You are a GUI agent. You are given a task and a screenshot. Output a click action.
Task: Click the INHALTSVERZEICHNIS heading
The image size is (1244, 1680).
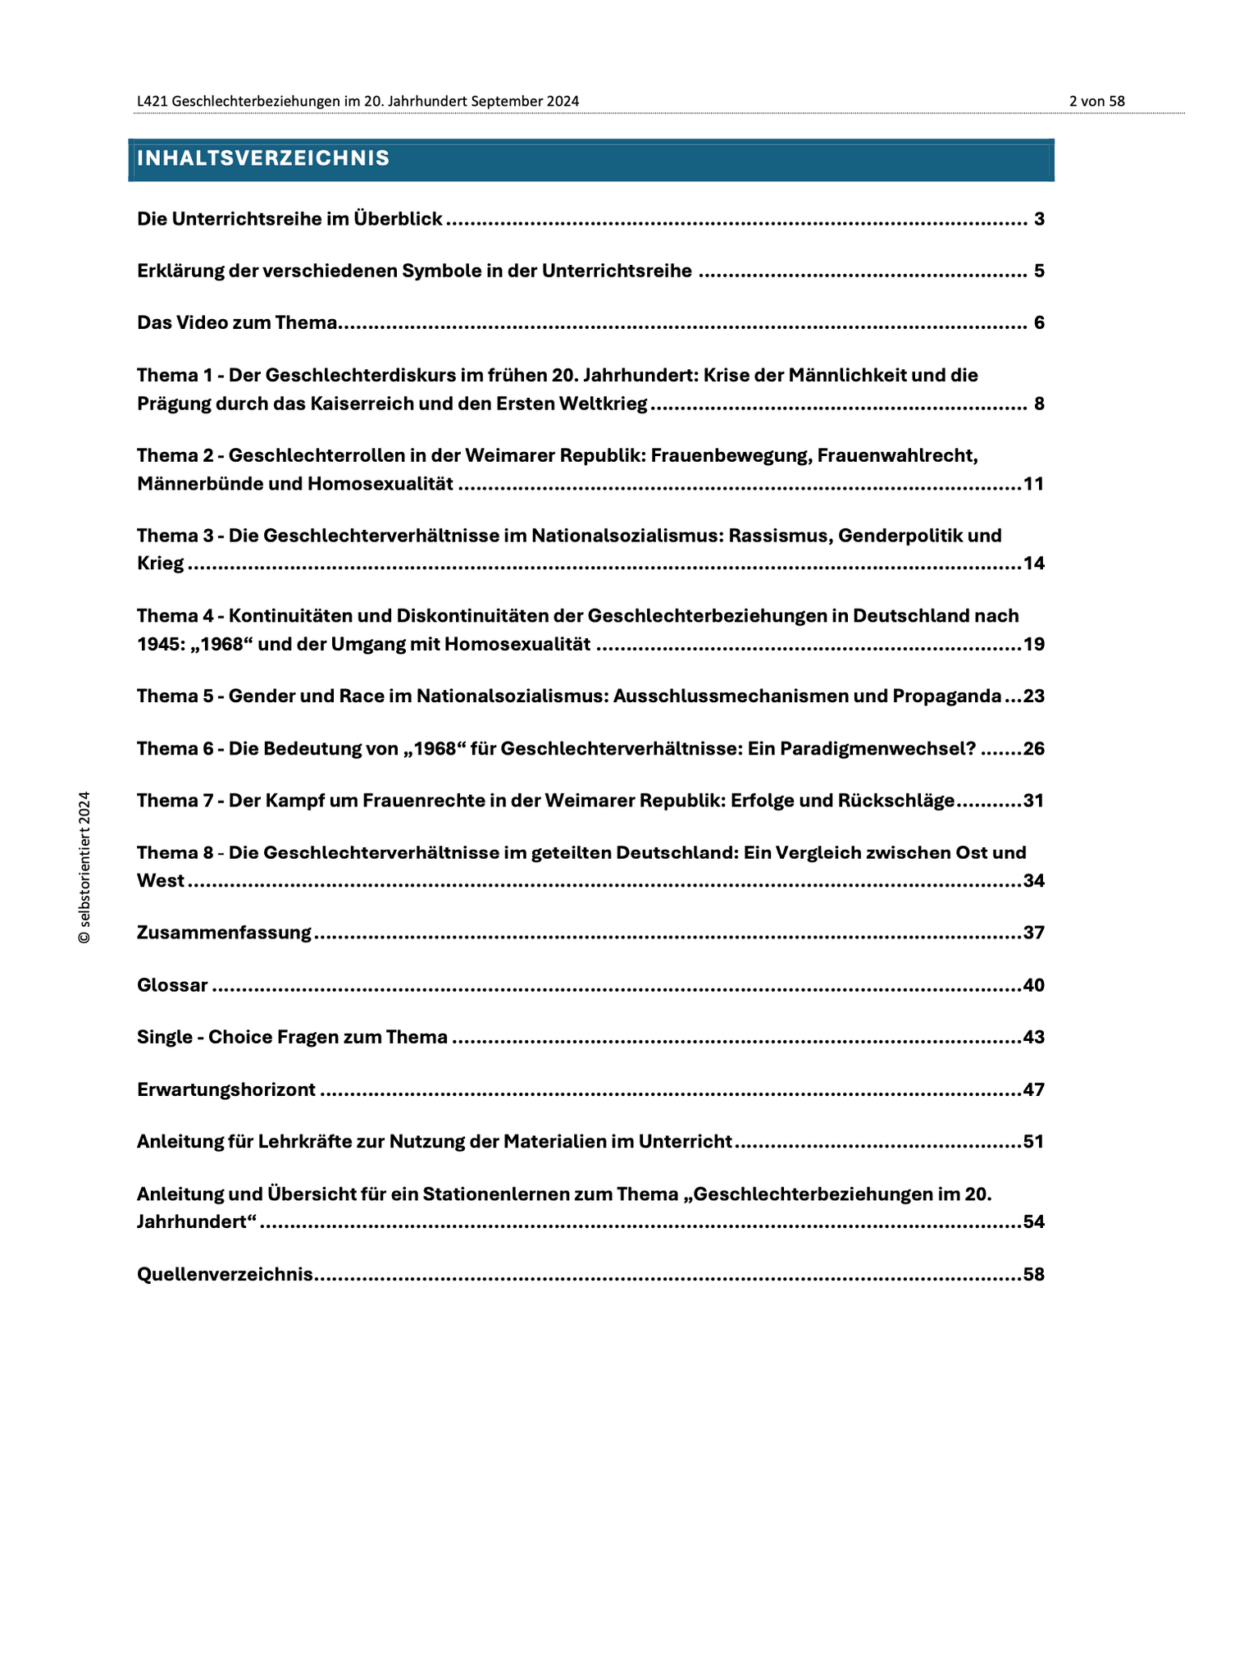[x=263, y=158]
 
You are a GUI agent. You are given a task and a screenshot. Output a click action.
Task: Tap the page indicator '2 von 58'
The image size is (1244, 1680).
[x=1096, y=101]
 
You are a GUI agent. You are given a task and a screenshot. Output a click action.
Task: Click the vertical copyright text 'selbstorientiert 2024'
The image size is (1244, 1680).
[x=84, y=867]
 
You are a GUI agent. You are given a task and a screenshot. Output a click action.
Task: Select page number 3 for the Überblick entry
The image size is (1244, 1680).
[x=1039, y=219]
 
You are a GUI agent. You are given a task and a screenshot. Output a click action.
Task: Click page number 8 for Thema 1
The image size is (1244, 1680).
[x=1039, y=404]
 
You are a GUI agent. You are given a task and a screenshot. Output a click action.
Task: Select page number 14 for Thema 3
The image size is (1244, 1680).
[x=1033, y=564]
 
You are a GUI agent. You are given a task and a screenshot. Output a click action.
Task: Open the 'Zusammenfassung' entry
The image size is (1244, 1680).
[x=224, y=933]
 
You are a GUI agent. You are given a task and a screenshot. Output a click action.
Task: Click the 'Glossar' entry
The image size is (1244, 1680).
[x=172, y=985]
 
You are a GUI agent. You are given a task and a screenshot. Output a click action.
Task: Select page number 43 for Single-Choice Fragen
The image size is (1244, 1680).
[x=1033, y=1037]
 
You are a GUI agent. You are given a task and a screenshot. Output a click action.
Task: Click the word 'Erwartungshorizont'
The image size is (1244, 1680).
[x=226, y=1089]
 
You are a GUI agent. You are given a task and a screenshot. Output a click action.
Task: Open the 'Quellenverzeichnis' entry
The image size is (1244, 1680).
[x=226, y=1274]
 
